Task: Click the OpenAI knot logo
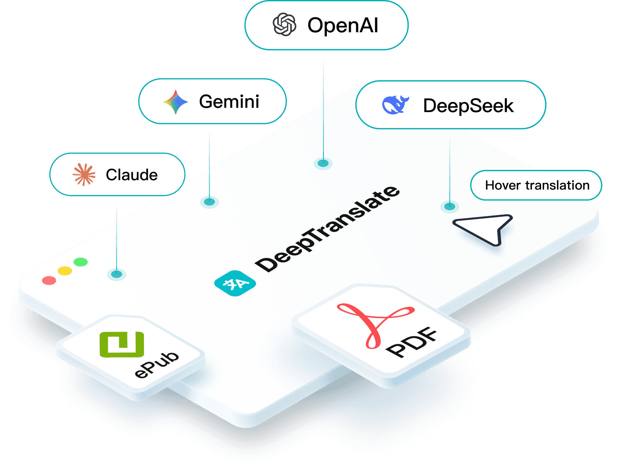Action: [x=284, y=25]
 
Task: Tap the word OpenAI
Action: [x=343, y=26]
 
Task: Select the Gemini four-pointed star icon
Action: [x=175, y=102]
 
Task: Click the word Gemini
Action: [x=229, y=102]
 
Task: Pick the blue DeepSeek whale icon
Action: [x=395, y=105]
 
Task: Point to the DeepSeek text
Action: [x=468, y=106]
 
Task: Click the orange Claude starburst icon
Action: [x=84, y=174]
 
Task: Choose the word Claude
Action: [x=132, y=175]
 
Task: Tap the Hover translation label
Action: [x=537, y=185]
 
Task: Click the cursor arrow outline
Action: [x=486, y=228]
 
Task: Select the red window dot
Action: [x=49, y=280]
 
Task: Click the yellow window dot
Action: [x=65, y=271]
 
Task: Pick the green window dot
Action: [x=81, y=262]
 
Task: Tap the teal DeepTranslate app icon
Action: [x=235, y=283]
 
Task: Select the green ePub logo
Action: [x=122, y=345]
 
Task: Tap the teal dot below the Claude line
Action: [x=116, y=274]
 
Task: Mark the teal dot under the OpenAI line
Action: [x=323, y=163]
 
